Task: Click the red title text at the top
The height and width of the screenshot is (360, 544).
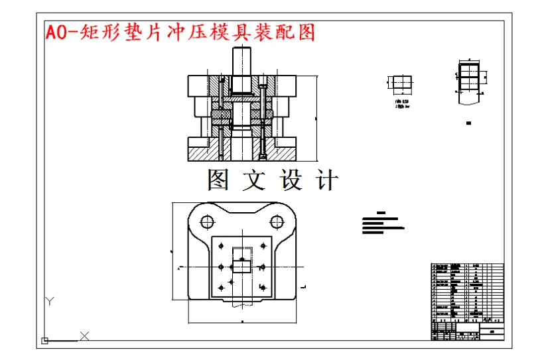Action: pyautogui.click(x=179, y=32)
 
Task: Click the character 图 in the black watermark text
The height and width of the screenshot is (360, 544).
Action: pyautogui.click(x=219, y=180)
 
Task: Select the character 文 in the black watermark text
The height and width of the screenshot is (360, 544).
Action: pyautogui.click(x=254, y=180)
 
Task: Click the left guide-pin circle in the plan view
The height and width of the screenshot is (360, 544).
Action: pyautogui.click(x=207, y=221)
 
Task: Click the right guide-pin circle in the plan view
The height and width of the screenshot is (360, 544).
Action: pyautogui.click(x=277, y=221)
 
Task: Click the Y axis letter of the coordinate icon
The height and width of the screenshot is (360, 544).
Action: pyautogui.click(x=49, y=302)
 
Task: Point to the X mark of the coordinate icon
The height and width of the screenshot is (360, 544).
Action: pyautogui.click(x=84, y=335)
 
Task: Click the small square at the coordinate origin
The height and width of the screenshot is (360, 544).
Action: pyautogui.click(x=45, y=341)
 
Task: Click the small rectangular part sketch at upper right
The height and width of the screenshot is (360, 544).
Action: pyautogui.click(x=400, y=83)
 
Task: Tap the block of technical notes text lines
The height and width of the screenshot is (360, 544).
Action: pyautogui.click(x=381, y=223)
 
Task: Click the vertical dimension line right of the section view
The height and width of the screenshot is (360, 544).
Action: pyautogui.click(x=316, y=118)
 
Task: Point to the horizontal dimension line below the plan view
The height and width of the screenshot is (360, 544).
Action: pyautogui.click(x=241, y=321)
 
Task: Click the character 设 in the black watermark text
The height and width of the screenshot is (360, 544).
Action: pyautogui.click(x=291, y=180)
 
